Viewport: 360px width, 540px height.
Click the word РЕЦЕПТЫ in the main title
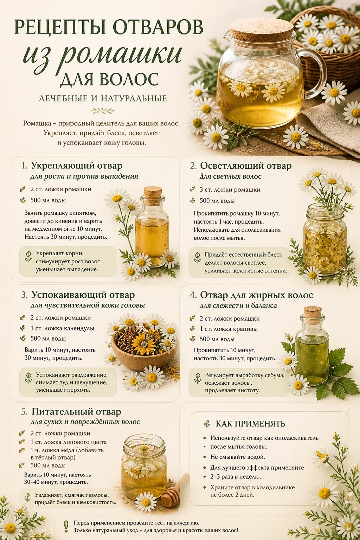[x=60, y=27]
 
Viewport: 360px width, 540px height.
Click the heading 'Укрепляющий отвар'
[x=77, y=166]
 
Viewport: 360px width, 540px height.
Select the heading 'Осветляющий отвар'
[x=246, y=166]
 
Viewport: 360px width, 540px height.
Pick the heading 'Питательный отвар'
[x=76, y=412]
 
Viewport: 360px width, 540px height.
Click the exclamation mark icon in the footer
[x=66, y=526]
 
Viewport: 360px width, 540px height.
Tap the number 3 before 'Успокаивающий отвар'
[x=24, y=295]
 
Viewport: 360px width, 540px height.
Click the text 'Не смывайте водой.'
[x=238, y=457]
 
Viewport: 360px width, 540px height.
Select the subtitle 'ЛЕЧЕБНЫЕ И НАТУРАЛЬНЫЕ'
[x=103, y=98]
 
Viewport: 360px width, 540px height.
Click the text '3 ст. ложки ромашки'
[x=230, y=190]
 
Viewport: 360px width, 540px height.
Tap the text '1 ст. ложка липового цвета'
[x=69, y=442]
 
